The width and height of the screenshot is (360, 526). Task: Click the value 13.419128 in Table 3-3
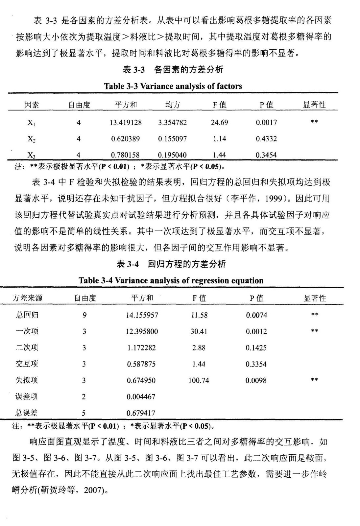126,123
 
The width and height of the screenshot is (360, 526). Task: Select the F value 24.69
219,123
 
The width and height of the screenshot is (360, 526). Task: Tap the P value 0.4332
266,139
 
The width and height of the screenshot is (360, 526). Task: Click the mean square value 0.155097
172,139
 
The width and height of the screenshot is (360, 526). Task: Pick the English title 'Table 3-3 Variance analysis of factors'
173,86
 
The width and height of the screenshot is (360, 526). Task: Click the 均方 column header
172,105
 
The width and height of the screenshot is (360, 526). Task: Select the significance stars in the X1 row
314,122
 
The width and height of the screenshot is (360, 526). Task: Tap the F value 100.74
199,380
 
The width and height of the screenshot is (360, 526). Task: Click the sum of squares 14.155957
142,315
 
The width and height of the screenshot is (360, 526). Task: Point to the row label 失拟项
27,380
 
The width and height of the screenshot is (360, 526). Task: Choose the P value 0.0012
256,331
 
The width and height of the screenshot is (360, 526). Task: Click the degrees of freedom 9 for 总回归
84,315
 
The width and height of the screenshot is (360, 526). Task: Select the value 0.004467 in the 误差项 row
141,397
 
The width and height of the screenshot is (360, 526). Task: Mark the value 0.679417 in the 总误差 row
141,413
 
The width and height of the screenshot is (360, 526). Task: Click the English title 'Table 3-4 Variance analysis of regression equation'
171,280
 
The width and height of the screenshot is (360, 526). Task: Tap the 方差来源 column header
28,298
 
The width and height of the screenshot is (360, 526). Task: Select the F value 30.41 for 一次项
199,331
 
